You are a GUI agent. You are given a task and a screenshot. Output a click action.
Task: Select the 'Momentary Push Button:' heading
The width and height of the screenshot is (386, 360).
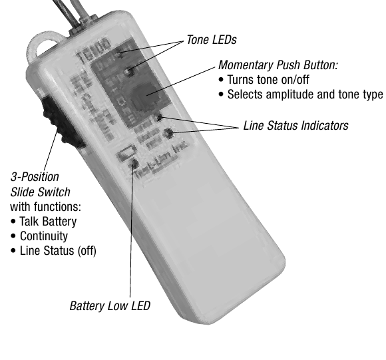coord(278,66)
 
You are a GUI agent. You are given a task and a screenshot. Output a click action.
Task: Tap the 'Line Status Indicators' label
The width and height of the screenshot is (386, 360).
coord(295,125)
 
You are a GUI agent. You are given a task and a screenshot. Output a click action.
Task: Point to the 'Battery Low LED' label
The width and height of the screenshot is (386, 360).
coord(110,306)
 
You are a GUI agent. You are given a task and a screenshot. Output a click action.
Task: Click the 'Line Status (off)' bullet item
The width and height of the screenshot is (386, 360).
coord(53,251)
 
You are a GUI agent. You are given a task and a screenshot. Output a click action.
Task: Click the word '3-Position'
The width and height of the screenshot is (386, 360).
coord(35,178)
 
